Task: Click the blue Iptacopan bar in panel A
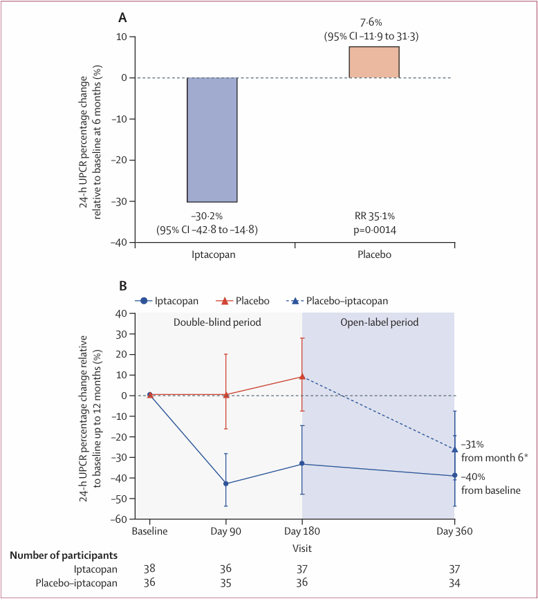pos(212,140)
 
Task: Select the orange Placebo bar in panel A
pos(374,62)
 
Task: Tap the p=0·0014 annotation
pos(374,229)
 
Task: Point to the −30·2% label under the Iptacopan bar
pos(212,216)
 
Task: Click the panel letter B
pos(123,285)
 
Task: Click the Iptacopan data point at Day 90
pos(226,483)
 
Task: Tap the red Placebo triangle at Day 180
pos(302,377)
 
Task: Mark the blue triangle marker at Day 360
pos(454,450)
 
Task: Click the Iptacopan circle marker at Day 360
pos(454,476)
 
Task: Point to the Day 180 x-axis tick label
pos(302,531)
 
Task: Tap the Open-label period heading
pos(379,322)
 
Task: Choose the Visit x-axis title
pos(302,548)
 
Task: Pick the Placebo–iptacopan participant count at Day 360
pos(454,583)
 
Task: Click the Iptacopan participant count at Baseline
pos(150,568)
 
